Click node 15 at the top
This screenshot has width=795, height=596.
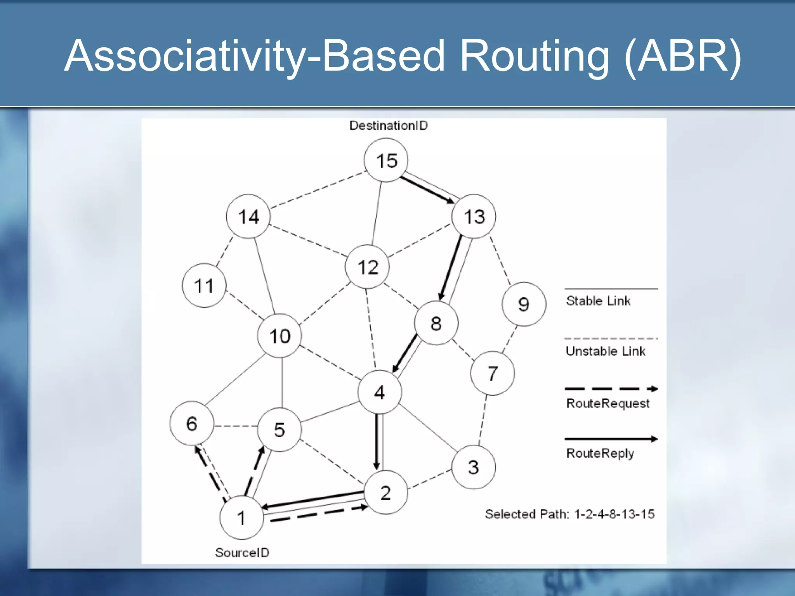386,160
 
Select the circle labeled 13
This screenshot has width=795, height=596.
474,216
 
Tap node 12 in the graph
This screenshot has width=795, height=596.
367,267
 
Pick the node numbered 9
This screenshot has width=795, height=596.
524,304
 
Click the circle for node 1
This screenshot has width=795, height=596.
241,517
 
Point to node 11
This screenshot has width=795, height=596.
204,286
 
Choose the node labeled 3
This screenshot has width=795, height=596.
473,467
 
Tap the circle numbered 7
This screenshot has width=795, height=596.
492,373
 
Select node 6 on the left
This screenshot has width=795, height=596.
192,423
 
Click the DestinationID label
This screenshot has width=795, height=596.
388,125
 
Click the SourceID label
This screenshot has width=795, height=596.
242,552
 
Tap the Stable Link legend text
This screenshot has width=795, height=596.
598,301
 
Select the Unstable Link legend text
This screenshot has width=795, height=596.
605,351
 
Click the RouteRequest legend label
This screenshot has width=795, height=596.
608,404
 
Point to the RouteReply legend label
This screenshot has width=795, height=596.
600,453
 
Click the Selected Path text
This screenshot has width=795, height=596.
569,514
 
